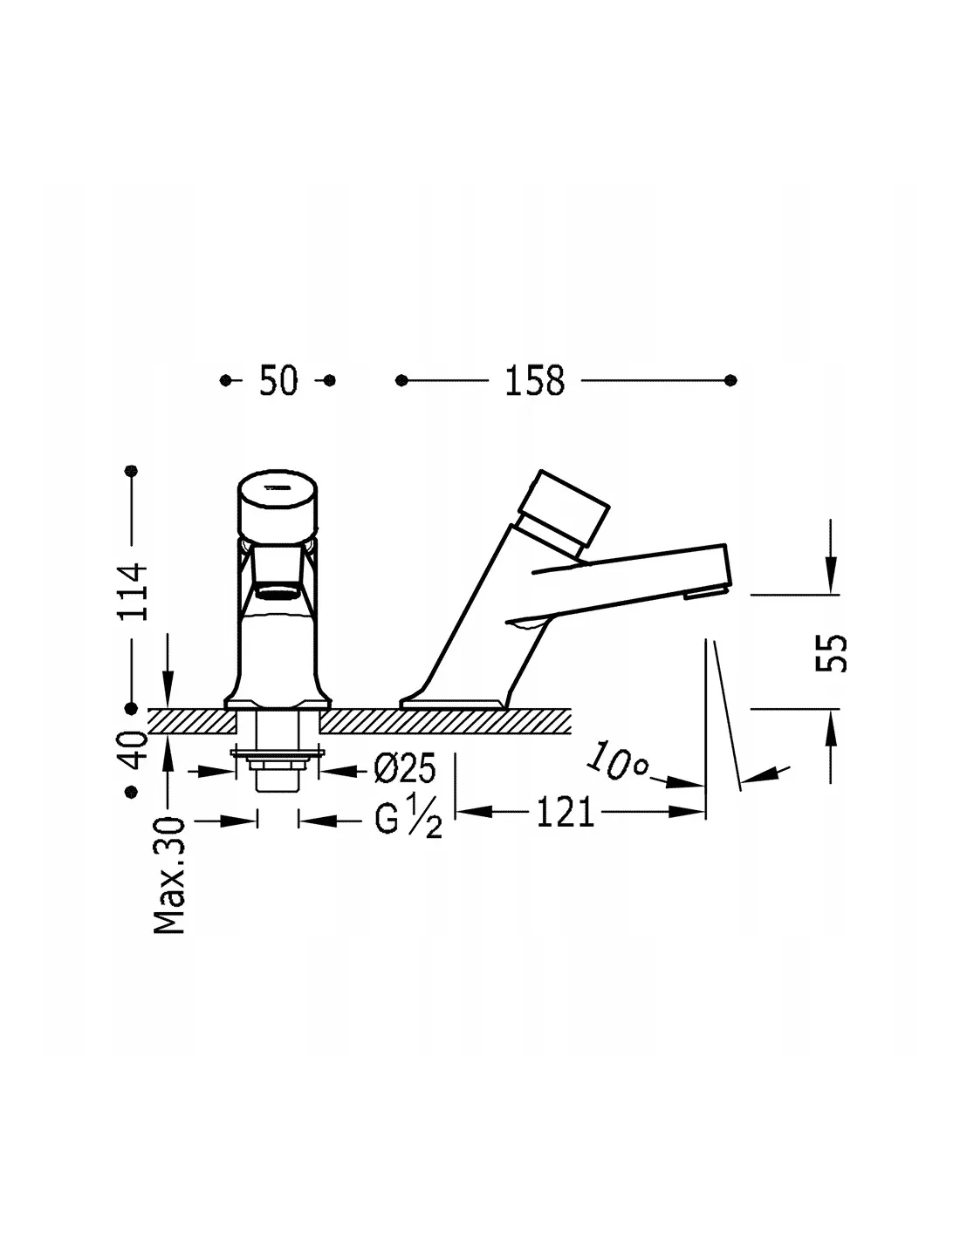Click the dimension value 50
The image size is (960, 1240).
pos(278,380)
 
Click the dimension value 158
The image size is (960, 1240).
pos(534,380)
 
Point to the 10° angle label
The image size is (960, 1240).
pos(617,761)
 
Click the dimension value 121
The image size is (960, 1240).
pos(565,813)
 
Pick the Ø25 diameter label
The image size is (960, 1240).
pos(404,768)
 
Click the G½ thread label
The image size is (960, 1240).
pos(408,820)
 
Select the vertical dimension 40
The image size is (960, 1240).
pos(133,750)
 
